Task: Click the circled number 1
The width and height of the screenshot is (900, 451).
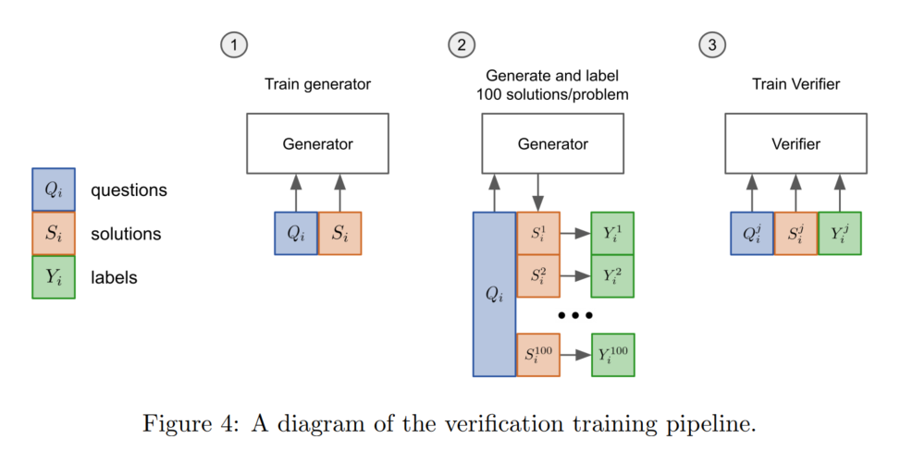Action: click(233, 44)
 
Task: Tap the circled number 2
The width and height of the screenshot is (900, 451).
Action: click(461, 44)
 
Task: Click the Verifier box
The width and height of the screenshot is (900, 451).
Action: click(795, 144)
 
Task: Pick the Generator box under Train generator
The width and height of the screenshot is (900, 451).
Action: click(317, 144)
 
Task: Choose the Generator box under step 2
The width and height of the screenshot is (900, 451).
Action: click(552, 144)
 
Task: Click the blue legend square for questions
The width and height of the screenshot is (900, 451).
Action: click(54, 190)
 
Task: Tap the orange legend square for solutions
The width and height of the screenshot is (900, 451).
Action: click(54, 234)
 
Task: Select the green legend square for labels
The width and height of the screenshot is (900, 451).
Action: click(54, 276)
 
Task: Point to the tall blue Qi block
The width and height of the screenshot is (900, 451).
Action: click(494, 294)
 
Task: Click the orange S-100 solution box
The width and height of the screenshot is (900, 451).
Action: click(538, 355)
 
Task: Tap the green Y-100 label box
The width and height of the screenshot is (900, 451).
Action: click(612, 355)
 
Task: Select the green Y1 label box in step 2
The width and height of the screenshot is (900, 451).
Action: click(612, 233)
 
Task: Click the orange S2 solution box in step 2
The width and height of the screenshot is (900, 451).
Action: click(538, 275)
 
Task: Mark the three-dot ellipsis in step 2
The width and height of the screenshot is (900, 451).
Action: click(574, 315)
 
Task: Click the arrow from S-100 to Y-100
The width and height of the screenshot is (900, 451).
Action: click(575, 355)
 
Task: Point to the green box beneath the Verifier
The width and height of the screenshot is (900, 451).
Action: click(839, 233)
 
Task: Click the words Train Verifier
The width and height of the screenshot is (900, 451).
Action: click(795, 84)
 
